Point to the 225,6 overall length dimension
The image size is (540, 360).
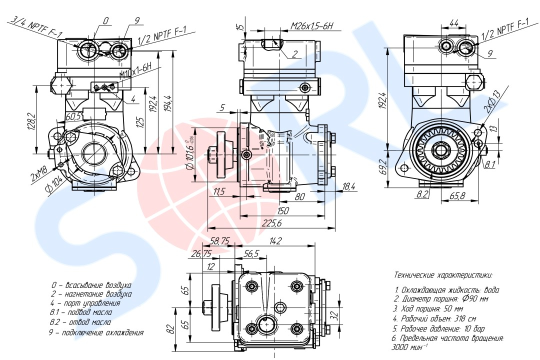coord(272,223)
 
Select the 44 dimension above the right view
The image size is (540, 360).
coord(454,23)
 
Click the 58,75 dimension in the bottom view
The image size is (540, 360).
coord(219,241)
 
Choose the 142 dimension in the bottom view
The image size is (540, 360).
coord(275,241)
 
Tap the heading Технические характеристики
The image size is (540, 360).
coord(443,275)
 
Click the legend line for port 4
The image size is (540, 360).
coord(85,303)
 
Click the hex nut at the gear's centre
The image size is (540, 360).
coord(441,149)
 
